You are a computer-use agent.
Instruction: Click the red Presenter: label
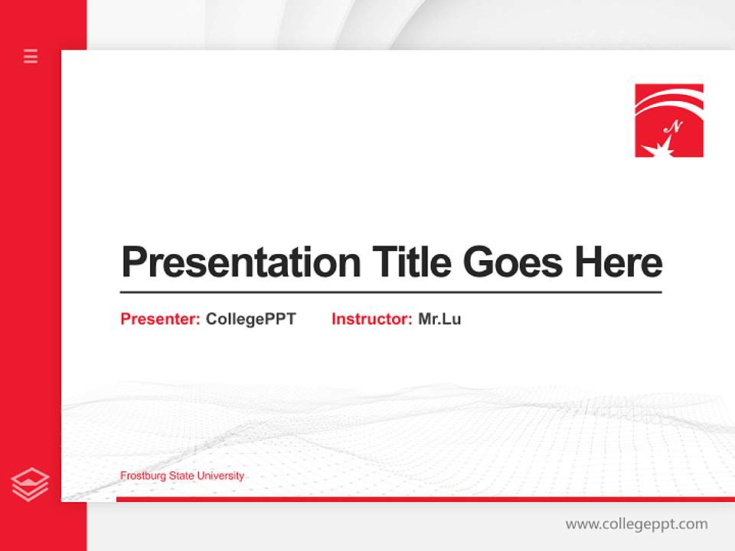click(x=160, y=319)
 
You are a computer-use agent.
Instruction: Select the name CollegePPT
click(x=250, y=319)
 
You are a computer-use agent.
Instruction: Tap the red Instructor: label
click(x=371, y=319)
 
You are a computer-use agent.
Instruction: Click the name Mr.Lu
click(x=439, y=319)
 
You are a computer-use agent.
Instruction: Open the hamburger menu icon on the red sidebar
click(x=31, y=56)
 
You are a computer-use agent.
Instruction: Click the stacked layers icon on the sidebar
click(x=31, y=484)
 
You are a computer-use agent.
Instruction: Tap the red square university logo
click(x=668, y=120)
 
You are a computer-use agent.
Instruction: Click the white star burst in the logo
click(x=663, y=145)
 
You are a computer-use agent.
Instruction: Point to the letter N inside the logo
click(x=674, y=126)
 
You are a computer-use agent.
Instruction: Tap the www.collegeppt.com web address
click(x=636, y=524)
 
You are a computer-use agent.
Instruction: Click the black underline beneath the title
click(x=390, y=292)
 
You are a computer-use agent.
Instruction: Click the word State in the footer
click(x=182, y=476)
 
